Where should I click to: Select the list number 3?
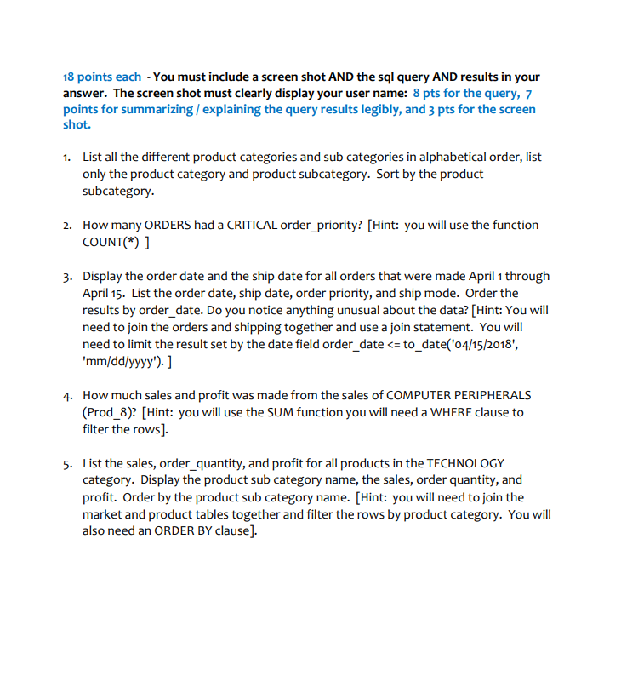coord(66,276)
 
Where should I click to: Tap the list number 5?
coord(66,463)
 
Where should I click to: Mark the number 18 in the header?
coord(70,77)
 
